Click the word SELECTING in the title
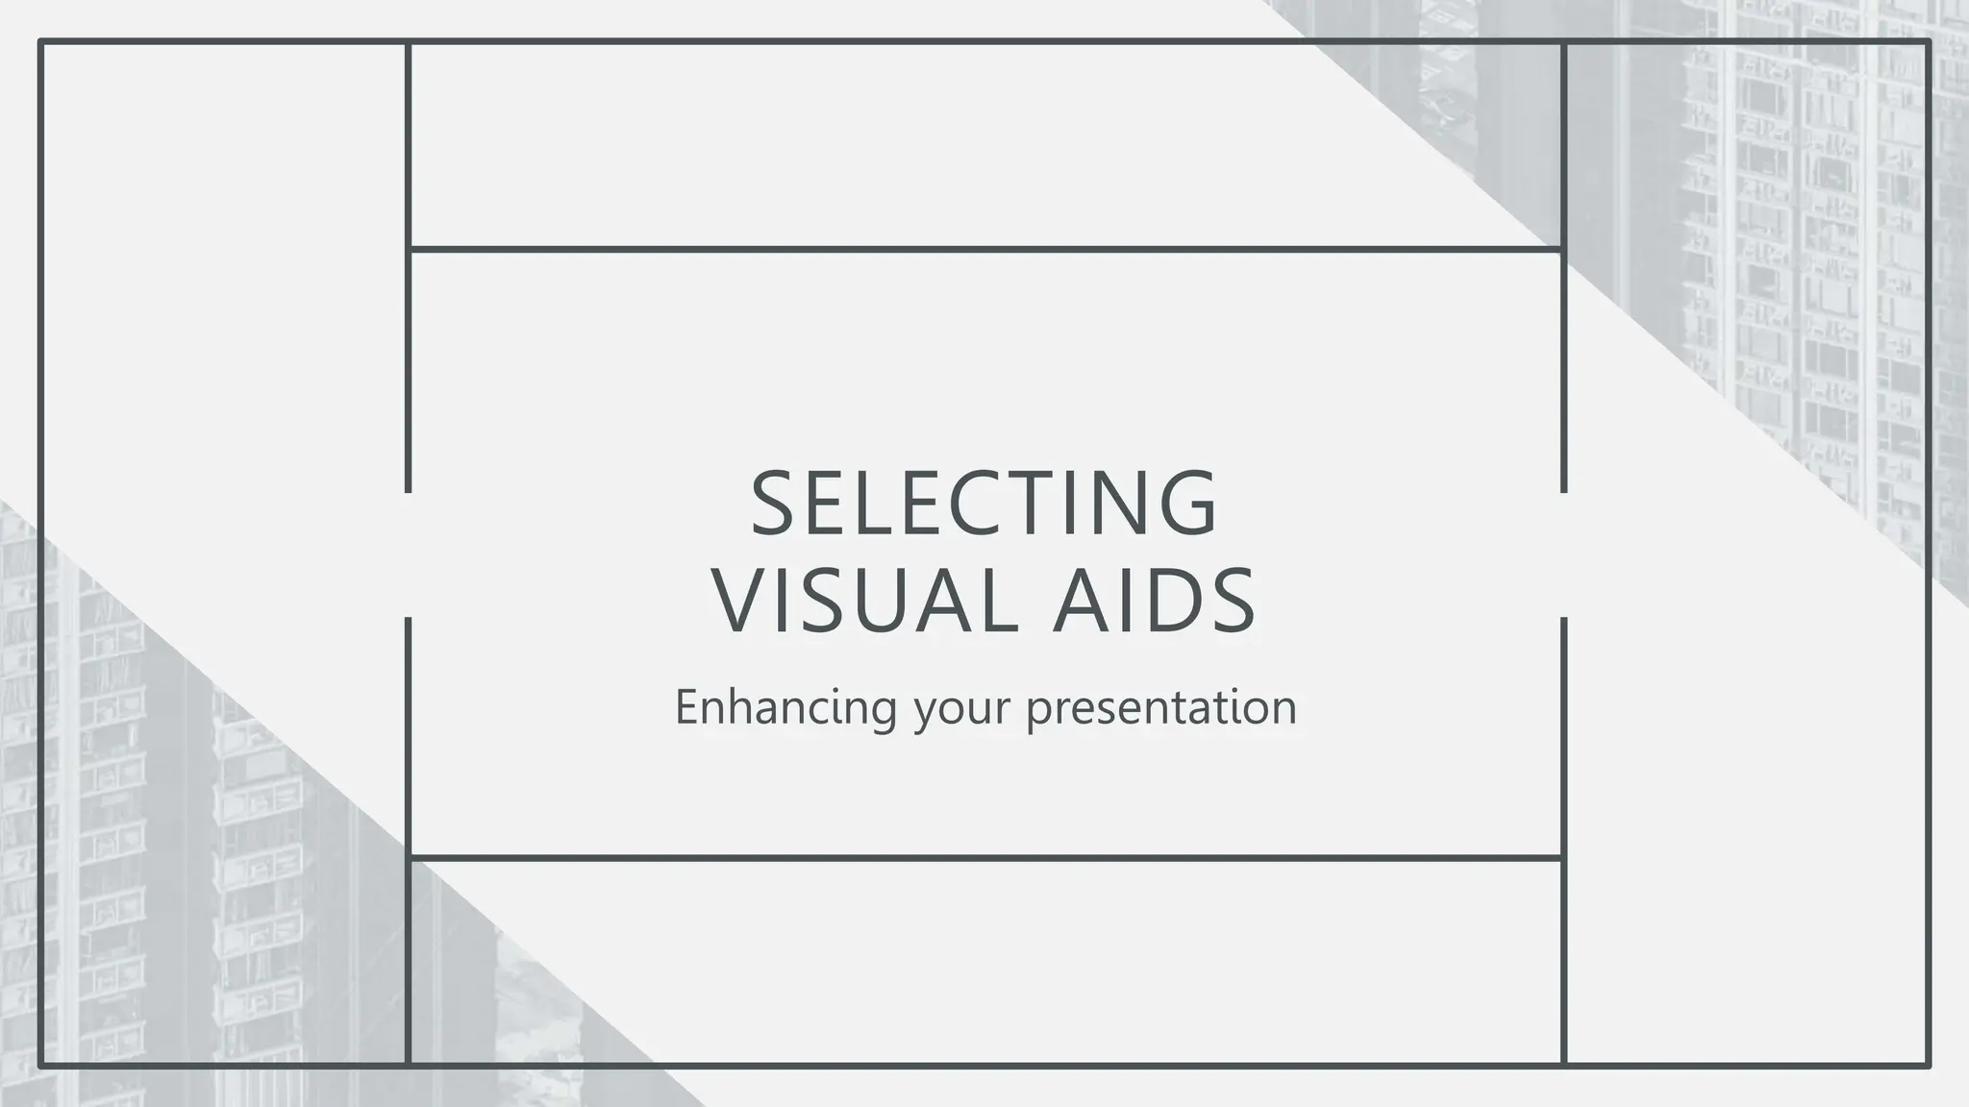click(x=984, y=503)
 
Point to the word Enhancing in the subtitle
click(x=785, y=707)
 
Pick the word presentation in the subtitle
click(x=1161, y=707)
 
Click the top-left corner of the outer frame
click(x=40, y=41)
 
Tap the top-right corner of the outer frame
click(x=1928, y=41)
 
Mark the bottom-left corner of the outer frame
click(x=40, y=1065)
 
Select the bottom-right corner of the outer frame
click(x=1928, y=1065)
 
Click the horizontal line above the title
click(x=984, y=250)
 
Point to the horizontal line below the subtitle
click(x=984, y=857)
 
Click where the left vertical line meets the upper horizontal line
click(x=409, y=250)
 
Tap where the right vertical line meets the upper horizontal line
click(x=1563, y=250)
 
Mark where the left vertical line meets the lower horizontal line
click(x=409, y=857)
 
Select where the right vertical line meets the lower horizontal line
click(x=1563, y=857)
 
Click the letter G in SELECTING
click(x=1191, y=503)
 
